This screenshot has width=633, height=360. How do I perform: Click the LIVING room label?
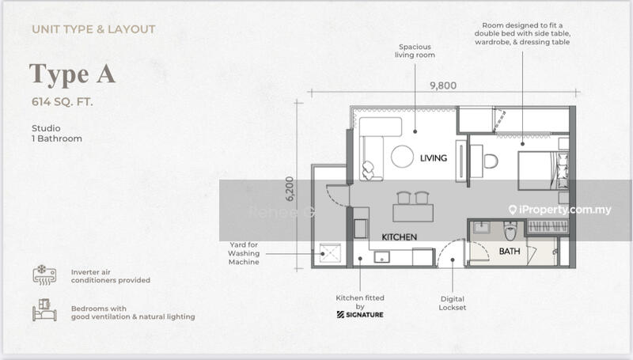(433, 157)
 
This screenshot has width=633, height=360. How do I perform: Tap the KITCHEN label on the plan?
(400, 237)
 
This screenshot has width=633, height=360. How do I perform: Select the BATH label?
(510, 251)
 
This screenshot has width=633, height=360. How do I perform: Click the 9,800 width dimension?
(443, 85)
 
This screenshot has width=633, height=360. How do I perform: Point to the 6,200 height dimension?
(290, 188)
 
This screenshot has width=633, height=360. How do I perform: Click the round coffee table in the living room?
(402, 156)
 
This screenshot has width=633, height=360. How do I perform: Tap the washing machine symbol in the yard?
(330, 253)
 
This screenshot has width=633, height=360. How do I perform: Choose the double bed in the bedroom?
(544, 171)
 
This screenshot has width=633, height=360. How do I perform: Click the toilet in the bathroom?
(510, 232)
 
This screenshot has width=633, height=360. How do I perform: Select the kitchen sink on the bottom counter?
(381, 257)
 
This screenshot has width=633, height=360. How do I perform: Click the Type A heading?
(72, 74)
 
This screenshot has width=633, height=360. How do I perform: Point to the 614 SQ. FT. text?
(63, 102)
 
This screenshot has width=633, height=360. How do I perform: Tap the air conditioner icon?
(44, 275)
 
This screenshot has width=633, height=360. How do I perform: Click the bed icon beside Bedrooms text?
(44, 310)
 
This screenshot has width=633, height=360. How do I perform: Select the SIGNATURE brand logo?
(360, 315)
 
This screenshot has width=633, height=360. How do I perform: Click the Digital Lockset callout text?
(452, 303)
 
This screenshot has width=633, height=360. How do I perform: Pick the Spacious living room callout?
(415, 51)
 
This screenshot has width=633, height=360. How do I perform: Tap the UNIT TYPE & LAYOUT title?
(93, 29)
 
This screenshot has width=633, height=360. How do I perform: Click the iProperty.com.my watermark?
(560, 210)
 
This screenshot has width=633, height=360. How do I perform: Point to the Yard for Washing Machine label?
(244, 253)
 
